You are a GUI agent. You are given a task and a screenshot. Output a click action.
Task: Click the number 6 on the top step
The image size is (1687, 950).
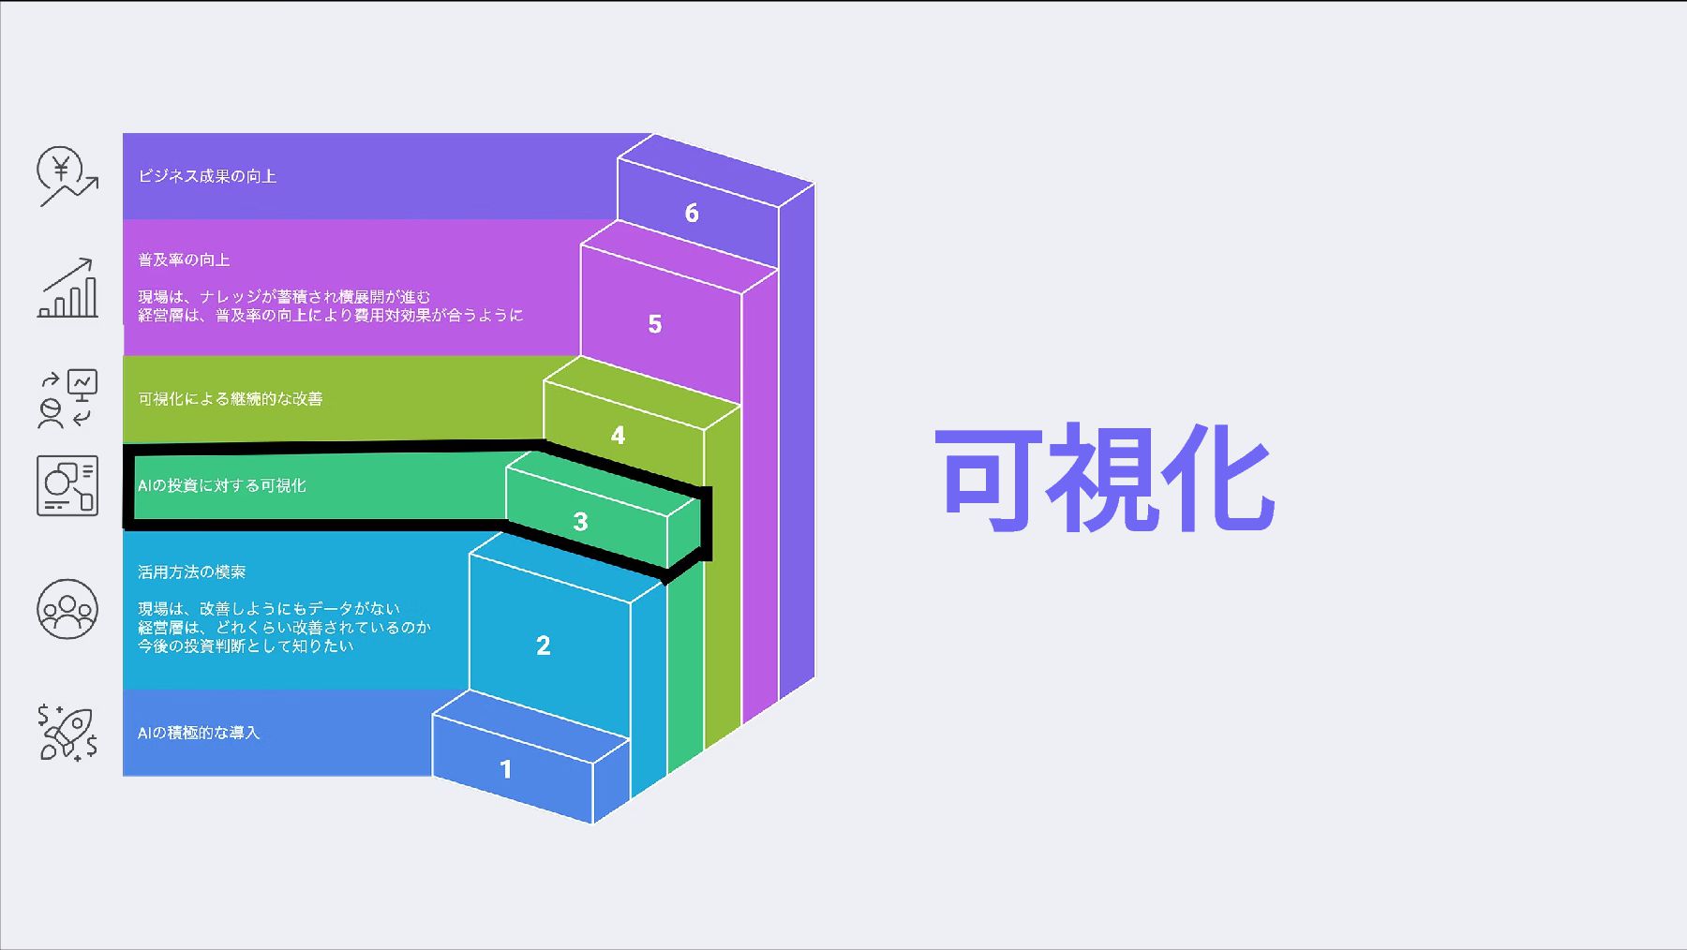pyautogui.click(x=692, y=214)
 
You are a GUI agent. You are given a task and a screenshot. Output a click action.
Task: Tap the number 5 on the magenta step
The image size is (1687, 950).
pyautogui.click(x=655, y=324)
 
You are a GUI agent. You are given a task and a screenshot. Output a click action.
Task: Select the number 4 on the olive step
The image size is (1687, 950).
pyautogui.click(x=618, y=436)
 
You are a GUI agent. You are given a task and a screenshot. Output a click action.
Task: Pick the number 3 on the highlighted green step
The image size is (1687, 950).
pyautogui.click(x=580, y=522)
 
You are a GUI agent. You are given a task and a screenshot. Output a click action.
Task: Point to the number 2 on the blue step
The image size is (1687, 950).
pyautogui.click(x=543, y=646)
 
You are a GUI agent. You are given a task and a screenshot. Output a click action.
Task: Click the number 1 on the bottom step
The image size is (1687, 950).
pyautogui.click(x=506, y=769)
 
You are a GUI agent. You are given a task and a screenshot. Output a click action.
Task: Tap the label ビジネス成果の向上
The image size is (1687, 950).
pyautogui.click(x=207, y=176)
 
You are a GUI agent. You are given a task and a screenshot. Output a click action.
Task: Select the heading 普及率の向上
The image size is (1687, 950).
pyautogui.click(x=184, y=260)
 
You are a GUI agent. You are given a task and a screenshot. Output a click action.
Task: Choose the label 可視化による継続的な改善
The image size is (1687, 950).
pyautogui.click(x=231, y=399)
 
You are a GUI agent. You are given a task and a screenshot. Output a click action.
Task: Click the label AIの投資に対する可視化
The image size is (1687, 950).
pyautogui.click(x=222, y=485)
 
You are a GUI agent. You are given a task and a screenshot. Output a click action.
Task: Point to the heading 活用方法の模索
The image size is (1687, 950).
pyautogui.click(x=192, y=571)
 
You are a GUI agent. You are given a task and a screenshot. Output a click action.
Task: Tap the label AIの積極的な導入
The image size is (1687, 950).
pyautogui.click(x=199, y=733)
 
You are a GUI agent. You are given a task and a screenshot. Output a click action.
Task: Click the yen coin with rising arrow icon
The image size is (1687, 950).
pyautogui.click(x=67, y=176)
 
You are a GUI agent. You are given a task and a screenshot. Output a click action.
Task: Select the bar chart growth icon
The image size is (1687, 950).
pyautogui.click(x=67, y=289)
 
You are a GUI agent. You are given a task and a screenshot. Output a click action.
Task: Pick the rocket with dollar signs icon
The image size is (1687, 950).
pyautogui.click(x=67, y=733)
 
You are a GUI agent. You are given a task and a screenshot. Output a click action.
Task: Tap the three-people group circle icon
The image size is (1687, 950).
pyautogui.click(x=67, y=609)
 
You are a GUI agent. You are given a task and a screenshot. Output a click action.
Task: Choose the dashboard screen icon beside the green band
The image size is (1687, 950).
pyautogui.click(x=67, y=485)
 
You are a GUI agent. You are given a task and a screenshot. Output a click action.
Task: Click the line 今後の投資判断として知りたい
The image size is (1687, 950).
pyautogui.click(x=246, y=646)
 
